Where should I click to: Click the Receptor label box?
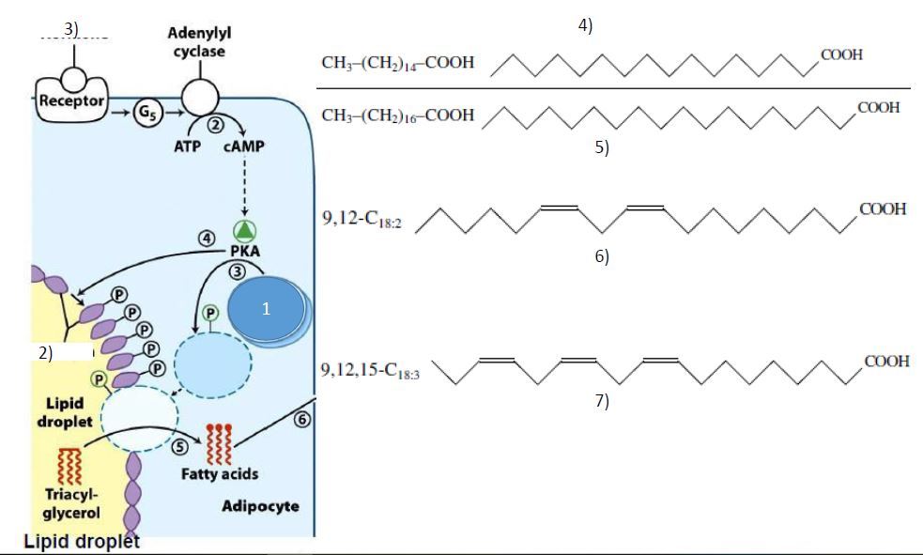(72, 100)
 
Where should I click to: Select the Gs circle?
(147, 114)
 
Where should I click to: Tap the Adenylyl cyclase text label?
(199, 41)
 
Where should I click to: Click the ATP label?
(188, 146)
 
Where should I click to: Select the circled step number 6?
(301, 420)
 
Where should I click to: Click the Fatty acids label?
(219, 474)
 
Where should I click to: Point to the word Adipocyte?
(261, 506)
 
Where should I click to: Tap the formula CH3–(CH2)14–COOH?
(397, 63)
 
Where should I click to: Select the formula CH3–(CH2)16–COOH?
(397, 116)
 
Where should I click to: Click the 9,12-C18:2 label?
(362, 222)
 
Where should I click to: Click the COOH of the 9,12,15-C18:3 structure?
(885, 362)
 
